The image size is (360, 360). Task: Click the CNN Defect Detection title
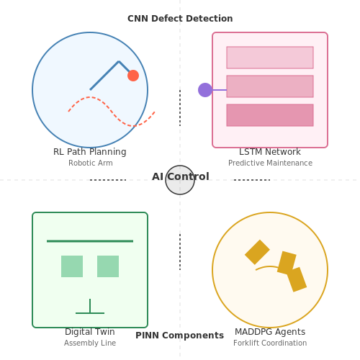click(180, 19)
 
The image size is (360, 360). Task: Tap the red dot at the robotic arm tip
click(133, 76)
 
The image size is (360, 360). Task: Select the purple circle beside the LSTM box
click(205, 90)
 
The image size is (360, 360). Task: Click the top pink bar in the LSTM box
click(270, 58)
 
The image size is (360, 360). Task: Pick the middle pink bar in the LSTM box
click(270, 86)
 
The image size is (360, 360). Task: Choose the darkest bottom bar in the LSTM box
click(270, 115)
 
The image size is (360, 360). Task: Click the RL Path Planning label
click(90, 152)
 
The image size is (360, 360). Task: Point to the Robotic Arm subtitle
click(91, 163)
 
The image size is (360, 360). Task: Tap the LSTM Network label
click(270, 152)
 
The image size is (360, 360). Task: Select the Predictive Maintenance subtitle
click(270, 163)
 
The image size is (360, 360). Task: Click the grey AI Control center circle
click(180, 180)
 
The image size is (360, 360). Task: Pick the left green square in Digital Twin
click(72, 266)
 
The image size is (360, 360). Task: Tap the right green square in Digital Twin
click(108, 266)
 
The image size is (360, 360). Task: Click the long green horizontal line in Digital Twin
click(90, 241)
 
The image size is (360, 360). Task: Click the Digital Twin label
click(90, 332)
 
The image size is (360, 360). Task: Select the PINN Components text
click(180, 336)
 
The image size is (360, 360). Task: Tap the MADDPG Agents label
click(270, 332)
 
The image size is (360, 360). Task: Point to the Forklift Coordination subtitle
click(270, 343)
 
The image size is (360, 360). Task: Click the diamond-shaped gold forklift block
click(257, 252)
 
